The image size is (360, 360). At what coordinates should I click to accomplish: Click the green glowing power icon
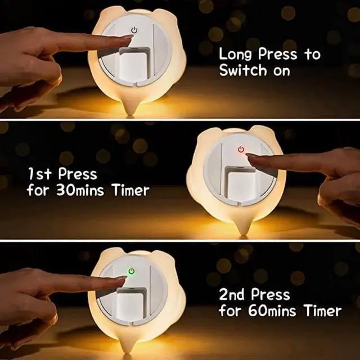(x=131, y=271)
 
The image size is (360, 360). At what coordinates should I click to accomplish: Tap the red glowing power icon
(x=241, y=149)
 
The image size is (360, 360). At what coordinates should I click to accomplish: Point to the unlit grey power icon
(x=134, y=30)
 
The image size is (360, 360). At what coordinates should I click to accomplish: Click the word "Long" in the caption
(x=235, y=55)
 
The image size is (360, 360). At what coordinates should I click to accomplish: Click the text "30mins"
(x=80, y=190)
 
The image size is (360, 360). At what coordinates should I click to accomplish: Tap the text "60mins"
(x=272, y=310)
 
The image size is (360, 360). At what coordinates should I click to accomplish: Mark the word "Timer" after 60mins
(x=323, y=310)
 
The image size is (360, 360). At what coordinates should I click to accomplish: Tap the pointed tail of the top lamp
(x=129, y=110)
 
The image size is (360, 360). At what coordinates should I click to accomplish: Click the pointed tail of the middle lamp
(x=244, y=229)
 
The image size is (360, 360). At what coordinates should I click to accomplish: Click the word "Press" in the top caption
(x=277, y=54)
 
